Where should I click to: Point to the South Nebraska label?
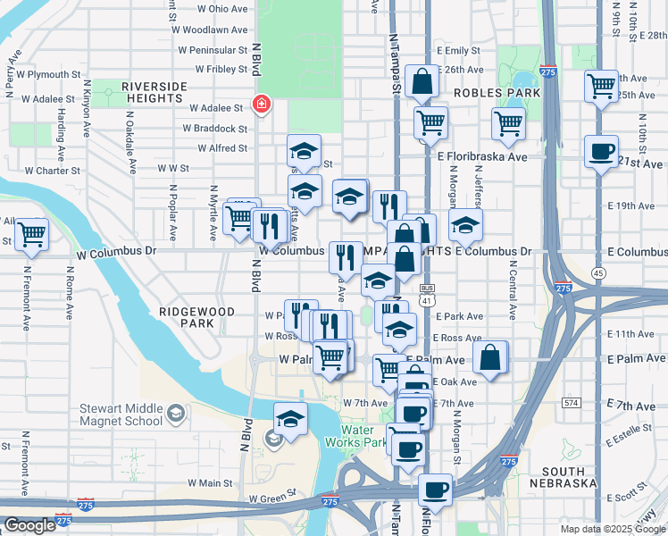[x=568, y=477]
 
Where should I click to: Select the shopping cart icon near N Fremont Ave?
[x=32, y=235]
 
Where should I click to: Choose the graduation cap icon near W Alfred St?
[x=305, y=151]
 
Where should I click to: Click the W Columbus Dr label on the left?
[x=114, y=251]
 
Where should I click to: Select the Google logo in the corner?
[x=29, y=526]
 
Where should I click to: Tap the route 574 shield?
[x=572, y=403]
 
